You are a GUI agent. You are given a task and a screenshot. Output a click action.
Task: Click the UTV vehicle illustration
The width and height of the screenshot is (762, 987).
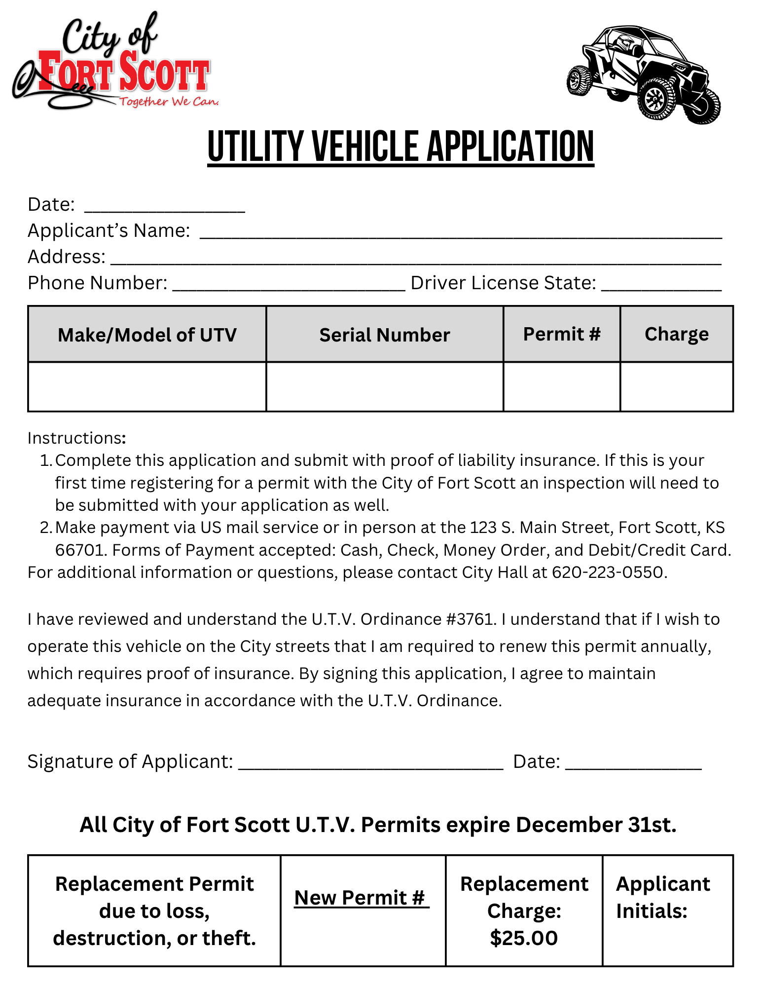click(x=643, y=74)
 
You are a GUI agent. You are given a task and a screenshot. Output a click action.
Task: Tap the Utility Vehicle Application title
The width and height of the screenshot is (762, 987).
click(x=400, y=147)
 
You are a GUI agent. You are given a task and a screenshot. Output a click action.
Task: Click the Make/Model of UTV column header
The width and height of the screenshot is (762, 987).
click(x=147, y=335)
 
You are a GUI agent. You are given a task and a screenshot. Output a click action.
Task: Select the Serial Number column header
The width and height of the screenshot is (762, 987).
click(x=385, y=335)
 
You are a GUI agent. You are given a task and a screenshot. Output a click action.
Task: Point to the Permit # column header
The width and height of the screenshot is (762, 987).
click(x=562, y=334)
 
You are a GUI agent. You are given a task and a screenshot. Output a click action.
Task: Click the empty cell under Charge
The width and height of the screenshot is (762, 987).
click(x=677, y=387)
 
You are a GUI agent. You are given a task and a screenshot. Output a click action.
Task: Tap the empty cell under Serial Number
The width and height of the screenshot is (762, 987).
click(x=385, y=387)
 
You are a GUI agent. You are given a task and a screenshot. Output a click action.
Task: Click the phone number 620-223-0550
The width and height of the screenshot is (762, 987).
click(x=608, y=572)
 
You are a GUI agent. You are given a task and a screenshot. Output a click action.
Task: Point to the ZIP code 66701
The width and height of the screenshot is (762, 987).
click(x=79, y=550)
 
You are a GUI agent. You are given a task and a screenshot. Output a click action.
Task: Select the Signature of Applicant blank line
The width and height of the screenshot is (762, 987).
click(x=371, y=763)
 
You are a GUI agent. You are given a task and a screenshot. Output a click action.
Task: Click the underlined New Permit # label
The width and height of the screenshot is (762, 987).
click(x=362, y=898)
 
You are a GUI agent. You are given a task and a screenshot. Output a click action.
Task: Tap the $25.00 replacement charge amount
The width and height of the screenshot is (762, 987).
click(x=524, y=938)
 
